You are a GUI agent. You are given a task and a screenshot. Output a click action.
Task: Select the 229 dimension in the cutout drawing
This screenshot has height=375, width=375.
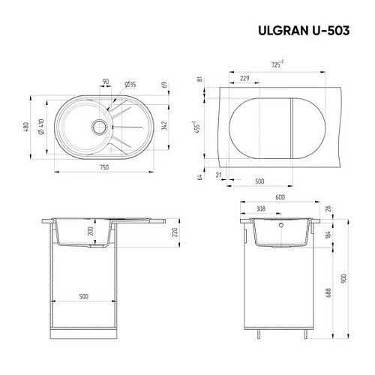click(244, 77)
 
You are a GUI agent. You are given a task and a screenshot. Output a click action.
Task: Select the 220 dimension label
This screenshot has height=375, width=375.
click(175, 231)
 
